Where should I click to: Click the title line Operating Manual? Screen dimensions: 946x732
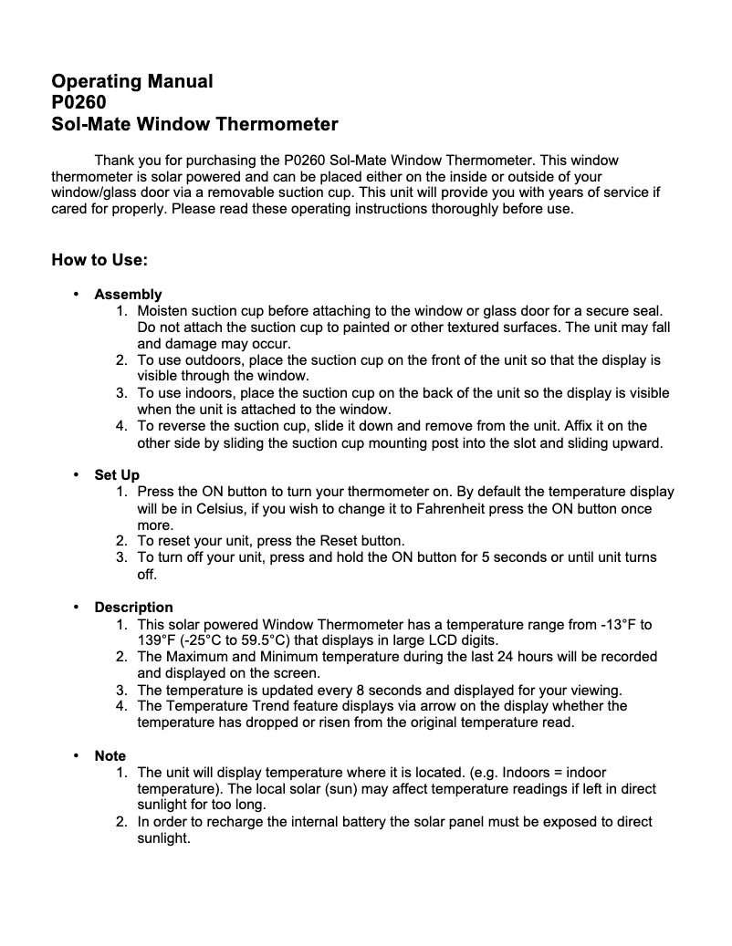(x=132, y=81)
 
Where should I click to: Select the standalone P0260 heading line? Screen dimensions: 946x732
(x=79, y=102)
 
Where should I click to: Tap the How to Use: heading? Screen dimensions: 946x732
(x=99, y=260)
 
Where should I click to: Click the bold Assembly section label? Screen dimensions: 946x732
(x=128, y=294)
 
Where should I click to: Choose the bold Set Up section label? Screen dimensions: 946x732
(x=117, y=475)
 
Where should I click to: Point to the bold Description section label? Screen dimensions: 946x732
(x=133, y=607)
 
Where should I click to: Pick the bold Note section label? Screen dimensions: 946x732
(x=110, y=755)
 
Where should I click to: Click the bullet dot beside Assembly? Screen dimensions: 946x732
(x=75, y=294)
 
